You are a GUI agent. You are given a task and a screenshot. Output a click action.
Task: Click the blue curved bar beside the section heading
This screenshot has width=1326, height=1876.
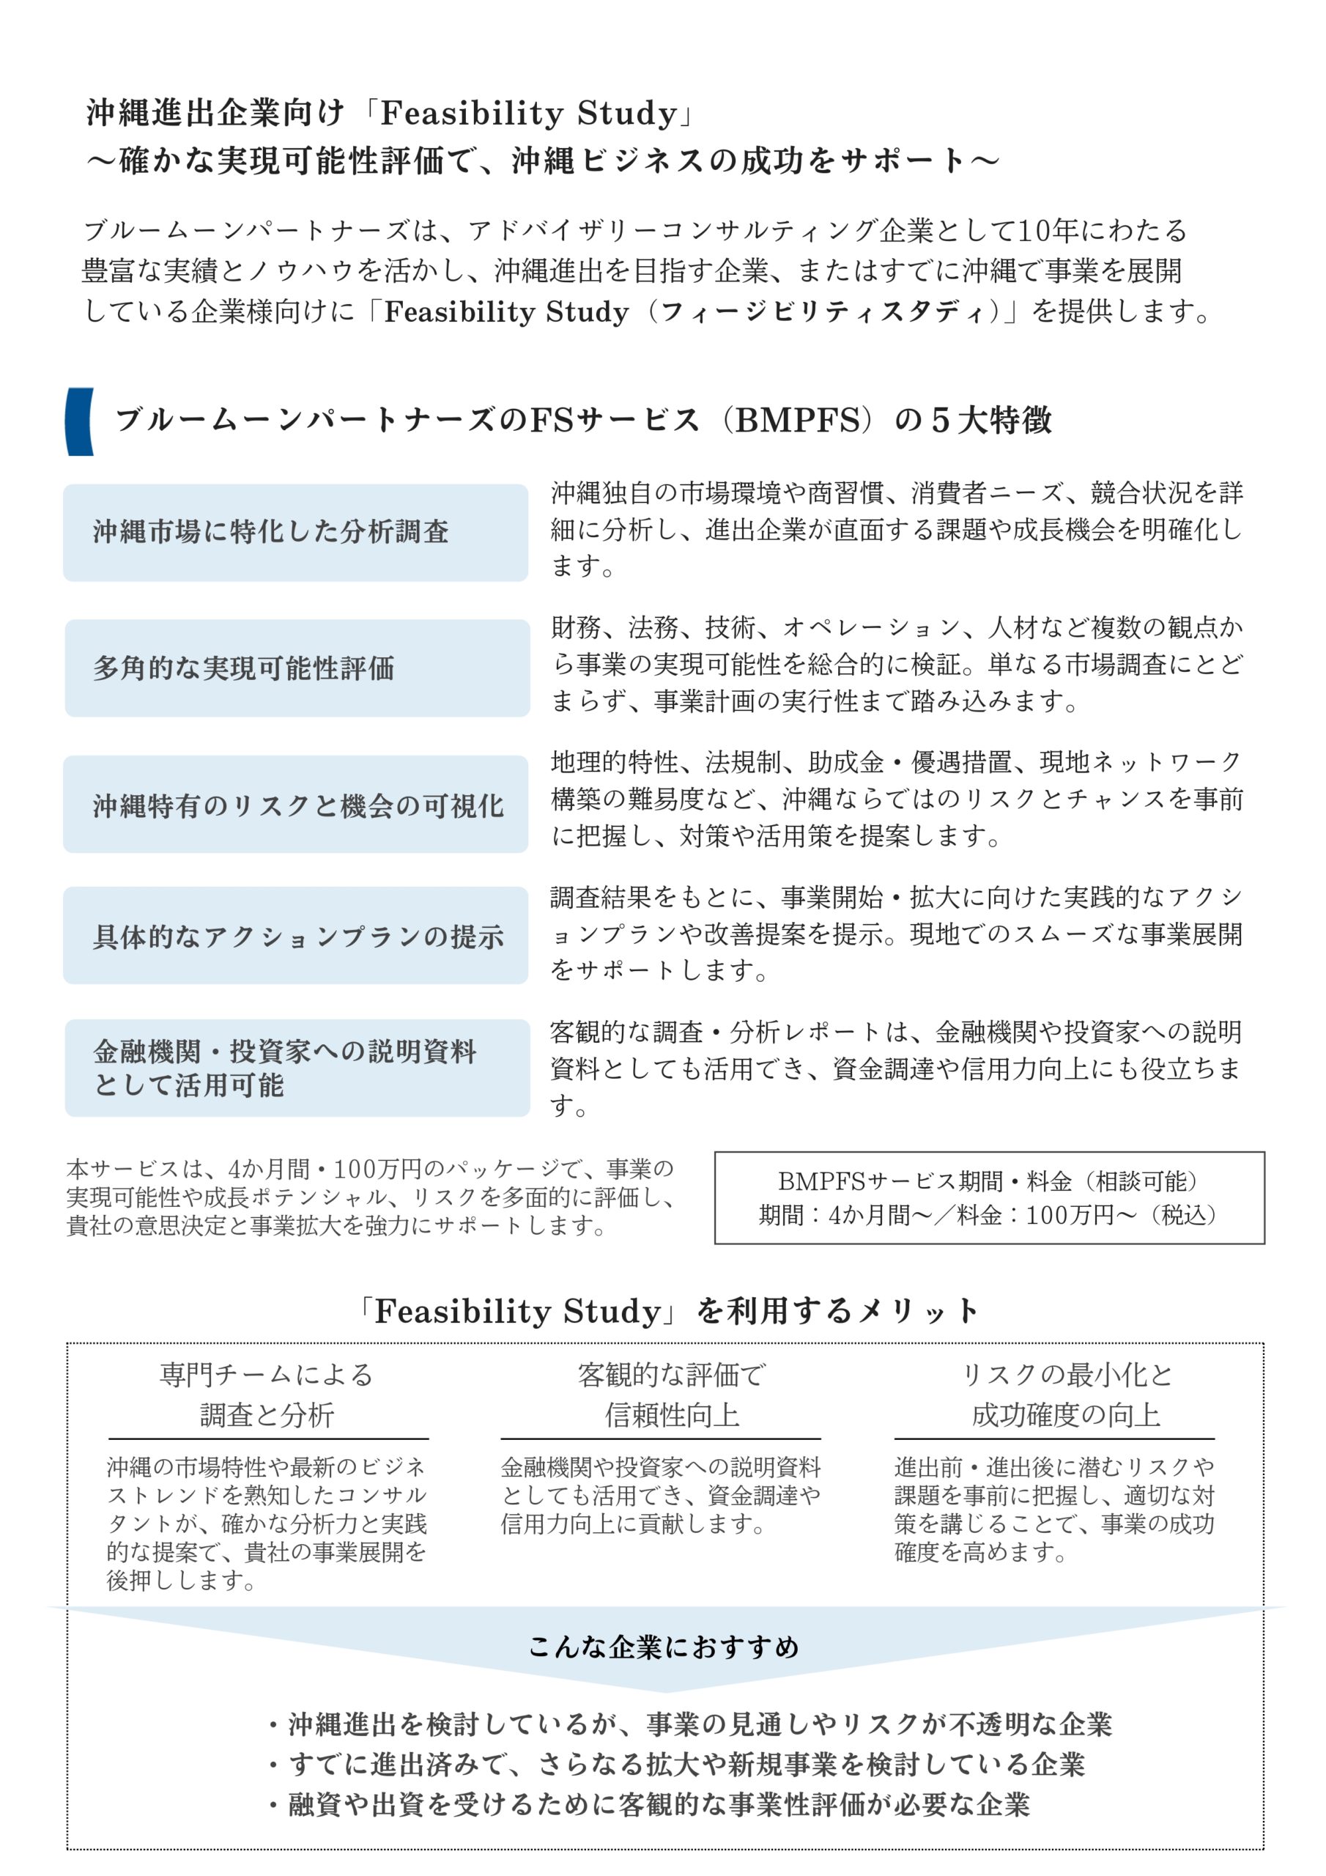tap(79, 421)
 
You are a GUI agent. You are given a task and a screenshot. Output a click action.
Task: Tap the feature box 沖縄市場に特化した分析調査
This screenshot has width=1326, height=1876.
tap(295, 532)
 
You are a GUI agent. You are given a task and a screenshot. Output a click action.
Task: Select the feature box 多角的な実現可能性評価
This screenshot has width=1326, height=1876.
tap(297, 668)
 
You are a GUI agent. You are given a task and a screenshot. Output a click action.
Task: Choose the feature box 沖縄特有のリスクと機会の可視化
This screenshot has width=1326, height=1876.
tap(295, 804)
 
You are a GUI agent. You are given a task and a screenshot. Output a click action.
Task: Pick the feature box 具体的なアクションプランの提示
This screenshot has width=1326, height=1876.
tap(295, 936)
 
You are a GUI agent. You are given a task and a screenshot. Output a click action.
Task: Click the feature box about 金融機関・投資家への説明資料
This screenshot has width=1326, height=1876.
tap(297, 1067)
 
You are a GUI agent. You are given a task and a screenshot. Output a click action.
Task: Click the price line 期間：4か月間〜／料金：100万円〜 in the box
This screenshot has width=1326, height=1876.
tap(988, 1215)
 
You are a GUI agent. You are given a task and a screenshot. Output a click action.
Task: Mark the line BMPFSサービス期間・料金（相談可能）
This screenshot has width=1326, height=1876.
tap(988, 1181)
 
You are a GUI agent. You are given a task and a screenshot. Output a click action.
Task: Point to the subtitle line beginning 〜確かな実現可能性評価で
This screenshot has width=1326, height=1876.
tap(543, 160)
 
